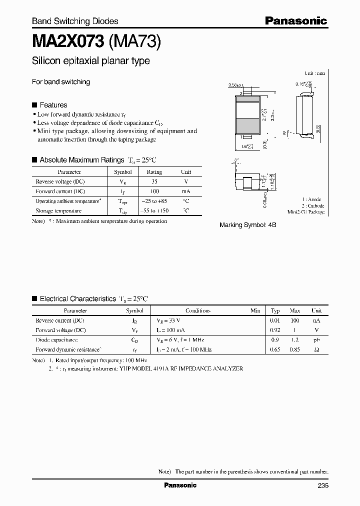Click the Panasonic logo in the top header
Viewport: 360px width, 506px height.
295,20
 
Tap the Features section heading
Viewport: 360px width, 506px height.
53,105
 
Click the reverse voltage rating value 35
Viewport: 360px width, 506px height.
154,181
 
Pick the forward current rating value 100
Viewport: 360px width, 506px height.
154,191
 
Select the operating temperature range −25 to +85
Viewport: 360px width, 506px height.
154,201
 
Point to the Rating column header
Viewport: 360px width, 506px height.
154,171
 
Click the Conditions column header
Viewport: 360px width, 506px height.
198,310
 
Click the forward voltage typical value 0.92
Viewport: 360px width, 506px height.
275,330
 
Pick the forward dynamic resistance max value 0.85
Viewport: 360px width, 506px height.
295,350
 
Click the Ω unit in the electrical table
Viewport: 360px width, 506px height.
316,350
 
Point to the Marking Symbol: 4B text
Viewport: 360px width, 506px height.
248,225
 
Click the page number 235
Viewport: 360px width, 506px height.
322,485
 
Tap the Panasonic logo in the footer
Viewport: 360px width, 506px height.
180,485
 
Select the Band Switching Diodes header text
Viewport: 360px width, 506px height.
75,21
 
